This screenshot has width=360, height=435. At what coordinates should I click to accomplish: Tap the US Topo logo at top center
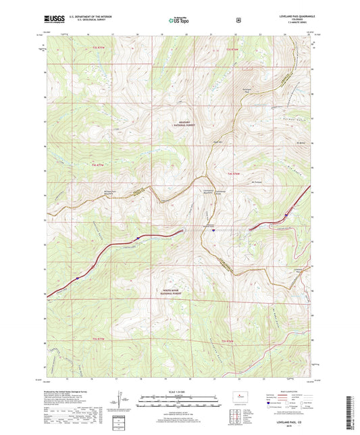click(179, 21)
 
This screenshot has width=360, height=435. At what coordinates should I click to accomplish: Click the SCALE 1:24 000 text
click(179, 392)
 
